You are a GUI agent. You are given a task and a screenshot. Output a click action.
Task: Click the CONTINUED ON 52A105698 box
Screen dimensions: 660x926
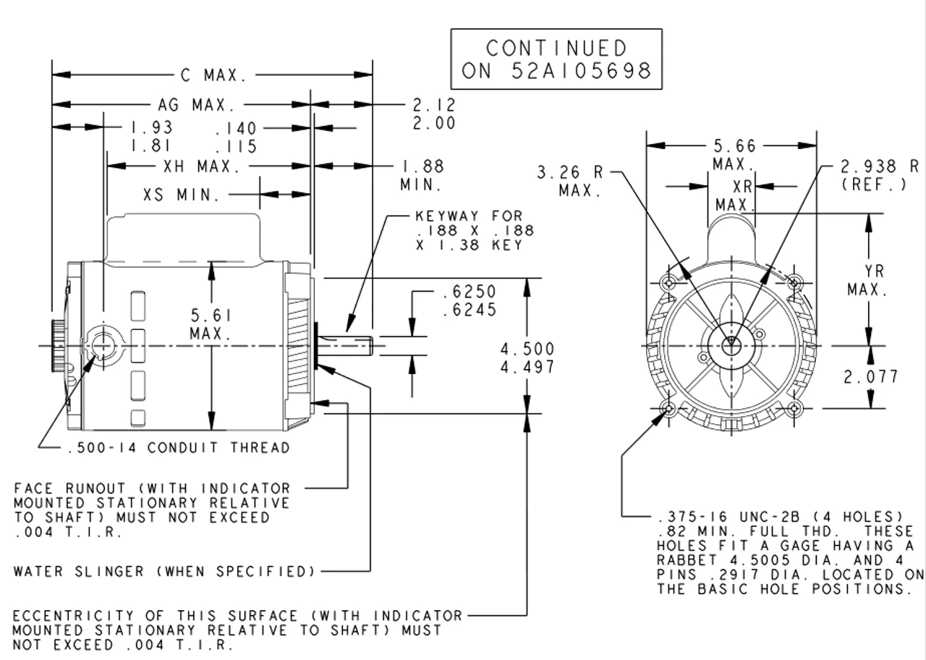556,59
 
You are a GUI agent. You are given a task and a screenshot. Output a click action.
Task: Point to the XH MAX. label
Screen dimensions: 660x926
201,166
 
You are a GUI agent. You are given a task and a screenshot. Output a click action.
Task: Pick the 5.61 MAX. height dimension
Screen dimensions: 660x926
211,325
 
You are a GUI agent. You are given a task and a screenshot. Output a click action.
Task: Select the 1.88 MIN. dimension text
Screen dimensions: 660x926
422,175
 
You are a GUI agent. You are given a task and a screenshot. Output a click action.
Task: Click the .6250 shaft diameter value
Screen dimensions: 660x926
469,292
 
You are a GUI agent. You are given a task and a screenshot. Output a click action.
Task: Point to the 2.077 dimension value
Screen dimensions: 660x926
871,376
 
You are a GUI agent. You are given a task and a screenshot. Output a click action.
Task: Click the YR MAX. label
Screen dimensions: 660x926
867,280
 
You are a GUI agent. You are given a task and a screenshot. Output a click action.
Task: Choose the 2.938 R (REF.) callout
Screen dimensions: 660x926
879,175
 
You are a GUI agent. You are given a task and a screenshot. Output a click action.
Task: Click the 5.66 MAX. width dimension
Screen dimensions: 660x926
733,154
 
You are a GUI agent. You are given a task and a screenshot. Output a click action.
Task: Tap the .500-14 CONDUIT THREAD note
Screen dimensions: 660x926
178,448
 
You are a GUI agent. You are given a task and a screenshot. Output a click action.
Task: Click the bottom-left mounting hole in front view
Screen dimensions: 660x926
668,410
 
